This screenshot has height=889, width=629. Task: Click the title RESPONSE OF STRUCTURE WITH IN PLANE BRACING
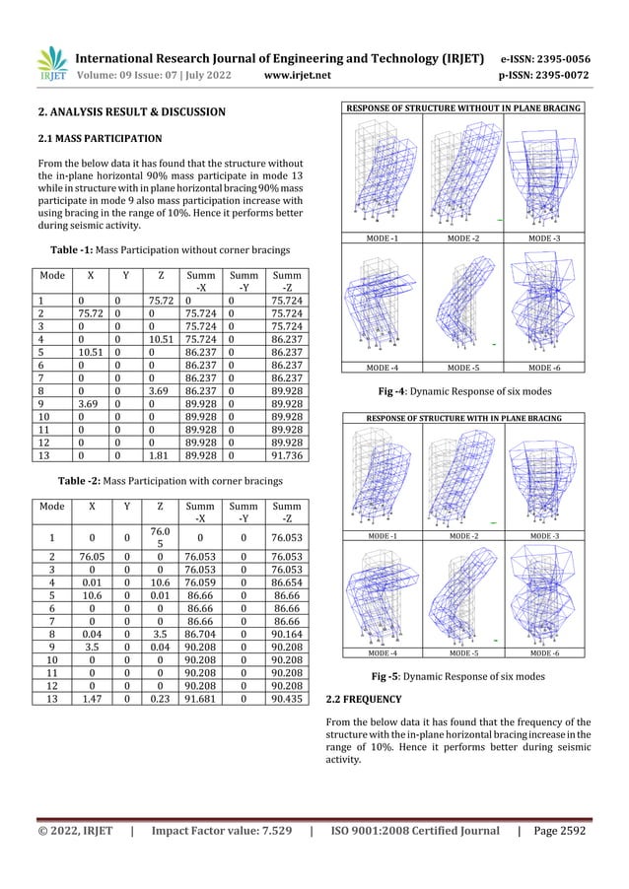point(461,418)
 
